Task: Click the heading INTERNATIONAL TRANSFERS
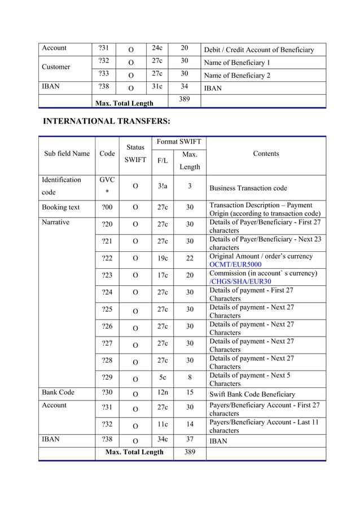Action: (x=107, y=121)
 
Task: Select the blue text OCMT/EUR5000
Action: (x=235, y=264)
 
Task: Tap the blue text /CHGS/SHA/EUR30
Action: (x=240, y=281)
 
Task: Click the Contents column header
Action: (x=266, y=154)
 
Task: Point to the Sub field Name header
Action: (x=67, y=154)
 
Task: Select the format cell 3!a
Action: (x=163, y=186)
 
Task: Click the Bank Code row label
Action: (x=57, y=393)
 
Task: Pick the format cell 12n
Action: (x=163, y=393)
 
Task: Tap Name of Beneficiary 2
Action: (x=236, y=76)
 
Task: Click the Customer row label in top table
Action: (x=56, y=67)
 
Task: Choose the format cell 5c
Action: (x=163, y=377)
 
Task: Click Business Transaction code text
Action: (x=248, y=188)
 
